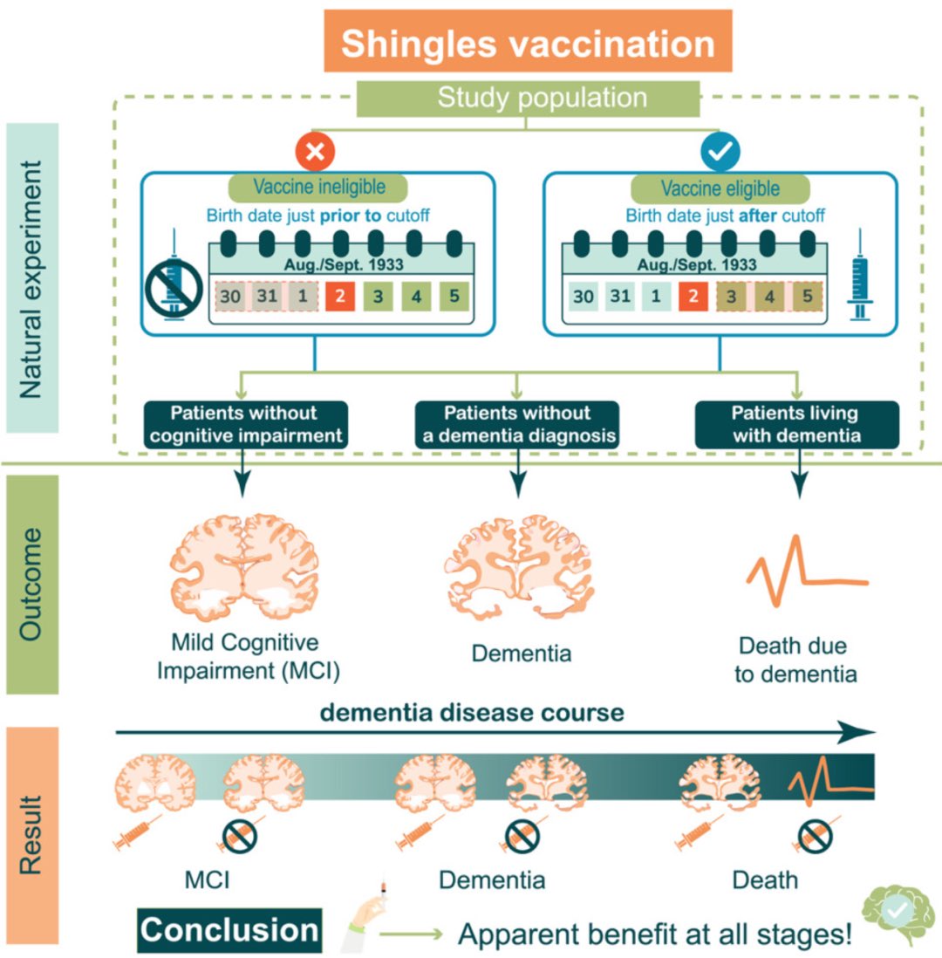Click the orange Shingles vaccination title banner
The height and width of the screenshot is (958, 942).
pos(528,41)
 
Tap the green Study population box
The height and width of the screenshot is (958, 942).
pos(529,98)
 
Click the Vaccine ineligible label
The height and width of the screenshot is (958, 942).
pos(318,187)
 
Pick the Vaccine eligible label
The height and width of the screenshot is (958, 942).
pos(720,188)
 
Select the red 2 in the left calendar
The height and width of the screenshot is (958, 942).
pos(340,297)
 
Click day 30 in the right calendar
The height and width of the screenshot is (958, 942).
pos(584,297)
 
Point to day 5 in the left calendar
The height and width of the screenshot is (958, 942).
pos(452,297)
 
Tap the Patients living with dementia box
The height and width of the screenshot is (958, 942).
pos(795,424)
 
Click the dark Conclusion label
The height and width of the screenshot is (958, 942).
pos(229,930)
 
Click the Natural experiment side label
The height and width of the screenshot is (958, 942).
pos(31,277)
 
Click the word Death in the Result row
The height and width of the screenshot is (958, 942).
pos(764,879)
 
